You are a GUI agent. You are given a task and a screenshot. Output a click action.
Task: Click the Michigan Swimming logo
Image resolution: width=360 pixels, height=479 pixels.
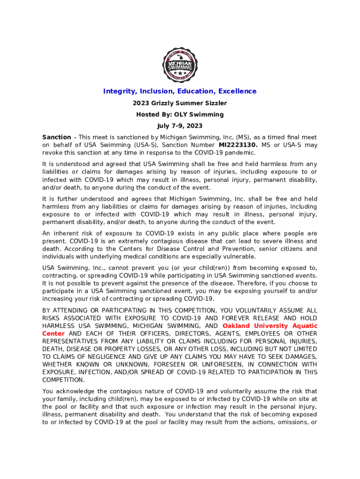pyautogui.click(x=180, y=65)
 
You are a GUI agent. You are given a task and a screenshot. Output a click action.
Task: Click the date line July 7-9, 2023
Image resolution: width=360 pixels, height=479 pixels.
pyautogui.click(x=180, y=126)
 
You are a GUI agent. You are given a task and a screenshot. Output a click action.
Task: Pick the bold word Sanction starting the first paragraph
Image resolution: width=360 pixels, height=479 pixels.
pyautogui.click(x=57, y=138)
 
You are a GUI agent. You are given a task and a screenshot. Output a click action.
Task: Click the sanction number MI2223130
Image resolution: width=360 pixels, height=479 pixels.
pyautogui.click(x=238, y=145)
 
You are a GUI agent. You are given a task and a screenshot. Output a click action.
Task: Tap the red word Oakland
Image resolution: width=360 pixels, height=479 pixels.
pyautogui.click(x=239, y=326)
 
